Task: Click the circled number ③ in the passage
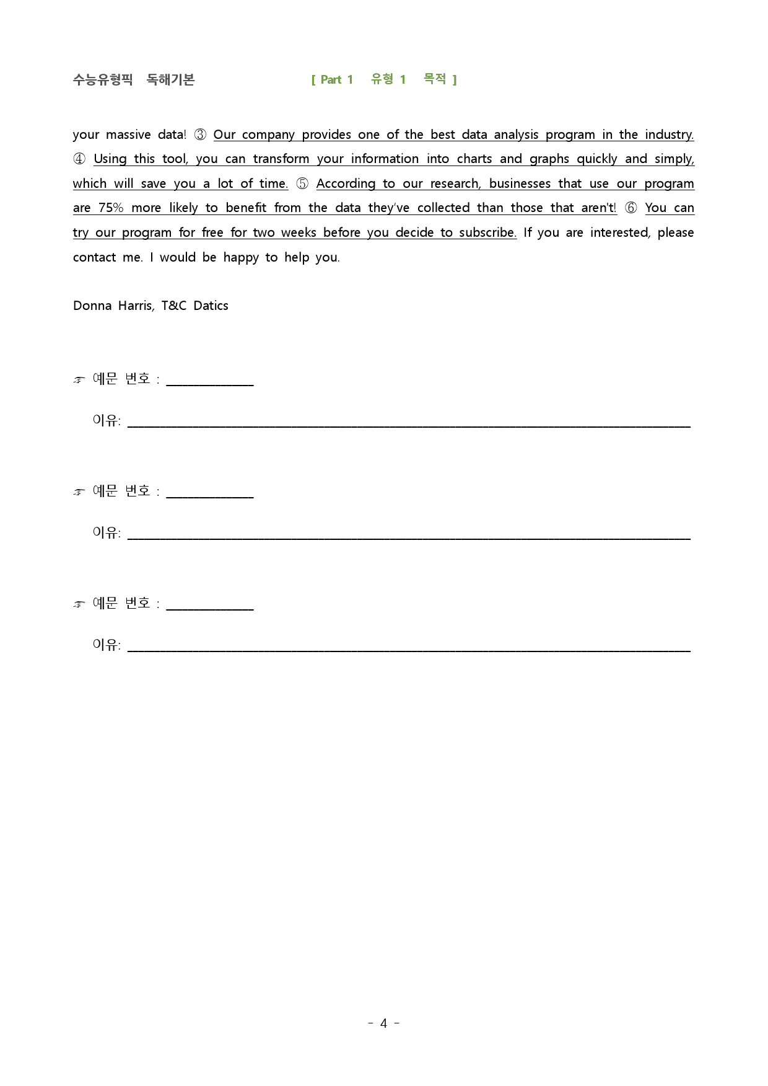(x=200, y=135)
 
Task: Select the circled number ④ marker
(x=79, y=159)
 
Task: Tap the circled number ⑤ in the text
(x=302, y=183)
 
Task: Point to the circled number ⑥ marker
(x=631, y=208)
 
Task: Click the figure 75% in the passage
(x=111, y=208)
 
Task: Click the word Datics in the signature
(x=211, y=306)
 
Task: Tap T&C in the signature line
(x=173, y=306)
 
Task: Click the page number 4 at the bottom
(x=383, y=1023)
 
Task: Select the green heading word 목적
(x=435, y=79)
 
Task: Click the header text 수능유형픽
(x=103, y=79)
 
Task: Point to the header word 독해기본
(x=170, y=79)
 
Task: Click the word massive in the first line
(x=128, y=135)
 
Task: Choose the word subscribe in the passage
(x=487, y=232)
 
